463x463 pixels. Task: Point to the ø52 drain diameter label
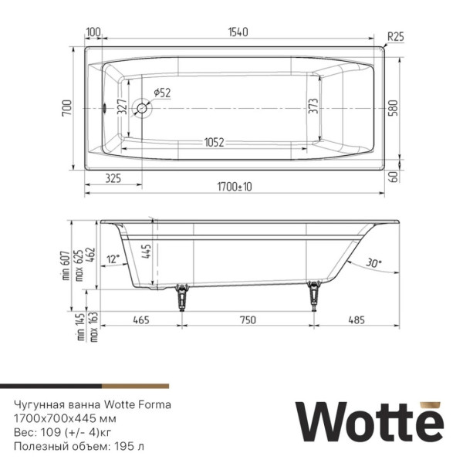click(x=162, y=93)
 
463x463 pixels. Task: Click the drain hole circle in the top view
click(x=143, y=108)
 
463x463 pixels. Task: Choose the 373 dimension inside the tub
click(x=313, y=107)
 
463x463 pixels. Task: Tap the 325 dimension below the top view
click(x=113, y=178)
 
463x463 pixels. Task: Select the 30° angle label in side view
click(x=374, y=263)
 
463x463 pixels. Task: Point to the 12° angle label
click(x=114, y=259)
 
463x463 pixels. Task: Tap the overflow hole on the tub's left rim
click(x=105, y=108)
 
